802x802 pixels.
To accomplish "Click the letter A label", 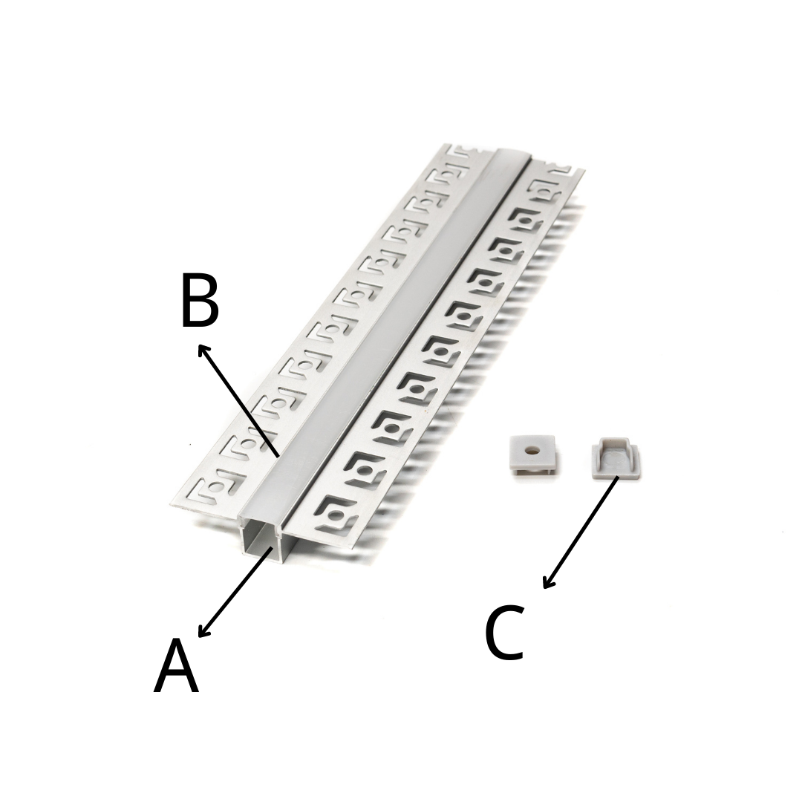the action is coord(176,665).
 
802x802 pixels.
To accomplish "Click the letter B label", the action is coord(200,300).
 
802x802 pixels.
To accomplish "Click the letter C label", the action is coord(504,632).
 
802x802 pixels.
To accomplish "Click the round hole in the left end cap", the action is coord(532,451).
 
